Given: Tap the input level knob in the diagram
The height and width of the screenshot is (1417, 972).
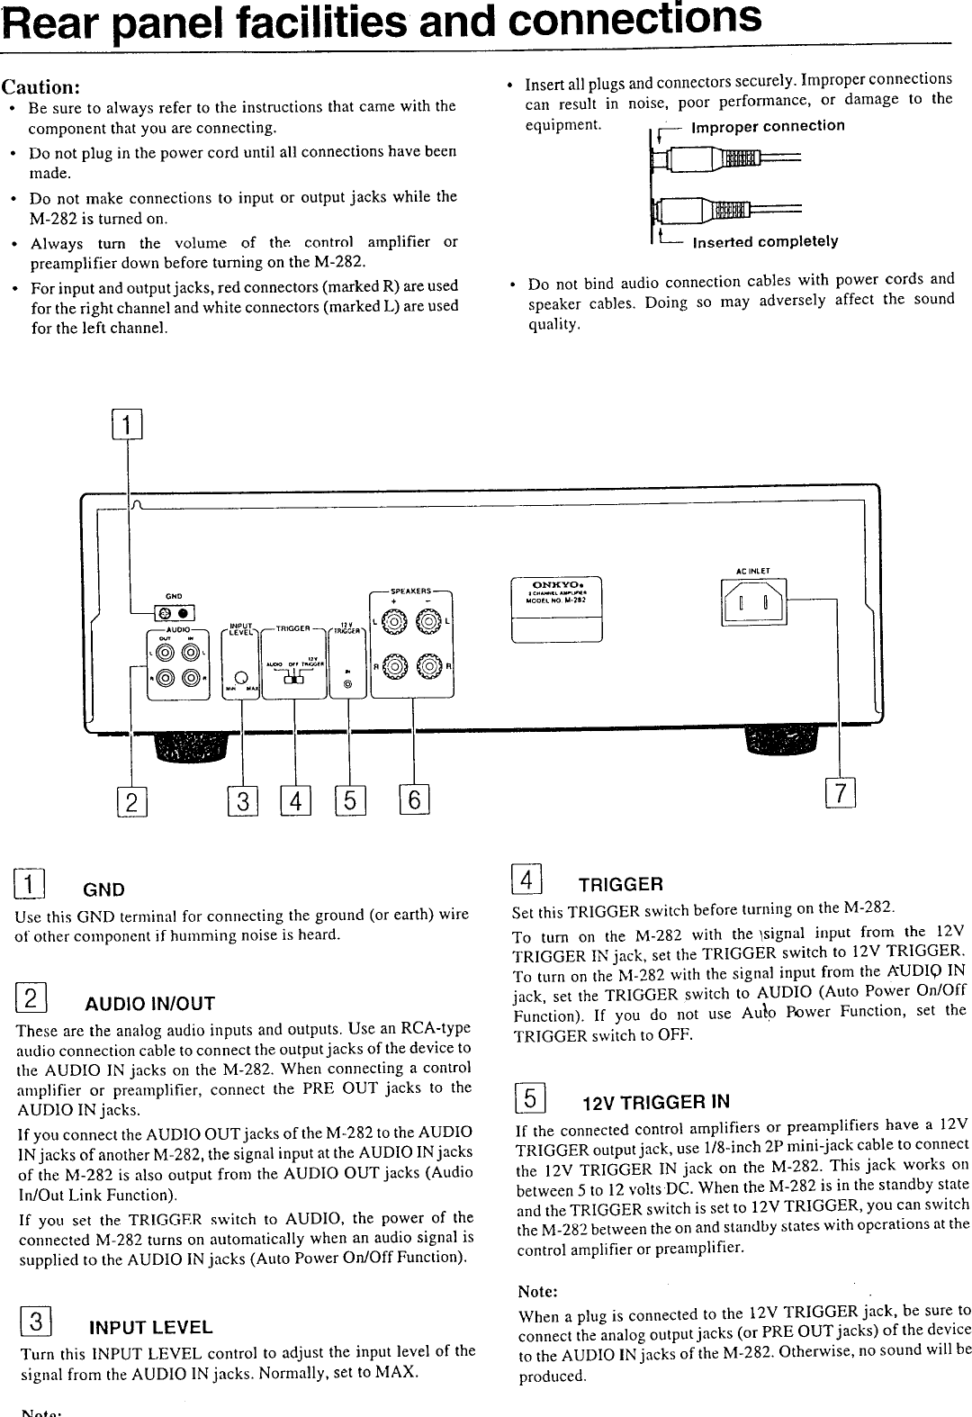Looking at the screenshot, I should click(241, 677).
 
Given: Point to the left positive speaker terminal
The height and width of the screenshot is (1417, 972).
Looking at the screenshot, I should click(392, 621).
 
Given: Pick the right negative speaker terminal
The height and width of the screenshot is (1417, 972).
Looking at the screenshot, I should click(431, 667).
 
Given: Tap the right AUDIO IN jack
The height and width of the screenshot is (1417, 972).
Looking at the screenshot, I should click(189, 680).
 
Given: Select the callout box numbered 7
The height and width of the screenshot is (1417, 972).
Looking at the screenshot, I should click(839, 793).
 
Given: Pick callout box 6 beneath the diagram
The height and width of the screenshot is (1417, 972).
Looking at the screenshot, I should click(415, 799).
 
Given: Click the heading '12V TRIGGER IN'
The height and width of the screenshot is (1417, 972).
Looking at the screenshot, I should click(655, 1103).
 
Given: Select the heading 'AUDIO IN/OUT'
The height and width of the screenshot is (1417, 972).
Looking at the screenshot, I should click(149, 1005).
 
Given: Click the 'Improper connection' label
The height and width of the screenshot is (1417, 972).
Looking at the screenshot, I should click(767, 126).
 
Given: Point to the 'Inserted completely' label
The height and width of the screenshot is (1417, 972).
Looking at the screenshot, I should click(763, 241).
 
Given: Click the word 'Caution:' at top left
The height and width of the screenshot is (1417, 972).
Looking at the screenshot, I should click(42, 87).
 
